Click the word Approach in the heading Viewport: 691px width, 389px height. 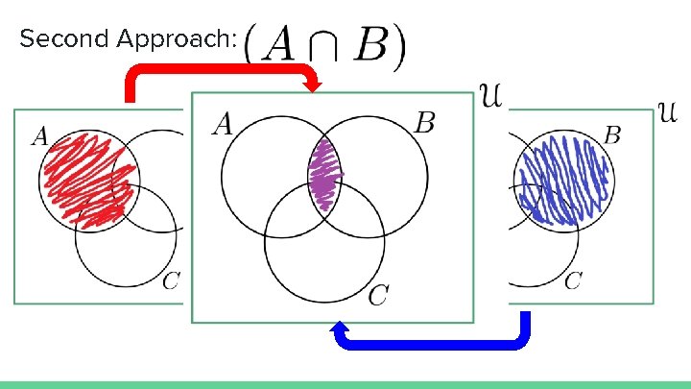point(161,40)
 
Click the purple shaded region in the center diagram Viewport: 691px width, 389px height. point(325,175)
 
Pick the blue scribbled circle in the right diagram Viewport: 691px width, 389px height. point(561,178)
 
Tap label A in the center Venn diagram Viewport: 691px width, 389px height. point(224,123)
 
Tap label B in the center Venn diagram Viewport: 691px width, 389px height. point(425,123)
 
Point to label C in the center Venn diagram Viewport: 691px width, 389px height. point(378,296)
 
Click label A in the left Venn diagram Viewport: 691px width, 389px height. point(39,136)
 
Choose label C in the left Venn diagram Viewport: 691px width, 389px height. point(170,280)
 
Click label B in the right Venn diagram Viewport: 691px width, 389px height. point(611,134)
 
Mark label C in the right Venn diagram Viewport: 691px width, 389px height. point(572,280)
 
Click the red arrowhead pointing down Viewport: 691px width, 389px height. point(313,86)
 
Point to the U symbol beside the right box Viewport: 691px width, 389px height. point(670,113)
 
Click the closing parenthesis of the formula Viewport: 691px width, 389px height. point(399,44)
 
